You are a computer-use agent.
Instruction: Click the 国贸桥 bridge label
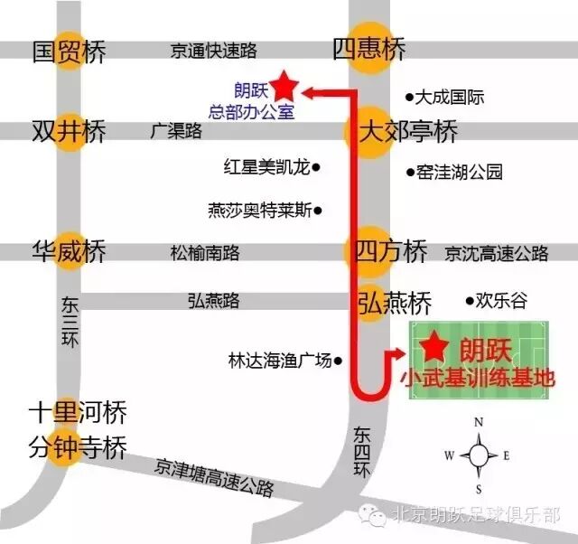[x=69, y=51]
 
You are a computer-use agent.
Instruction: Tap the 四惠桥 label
[x=369, y=49]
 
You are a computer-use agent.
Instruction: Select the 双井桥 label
[x=69, y=131]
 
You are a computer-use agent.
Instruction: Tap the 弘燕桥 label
[x=395, y=301]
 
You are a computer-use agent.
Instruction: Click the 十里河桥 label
[x=77, y=414]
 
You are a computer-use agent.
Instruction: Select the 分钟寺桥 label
[x=77, y=448]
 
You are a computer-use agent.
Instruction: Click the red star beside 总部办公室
[x=284, y=86]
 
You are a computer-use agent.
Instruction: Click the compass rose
[x=480, y=454]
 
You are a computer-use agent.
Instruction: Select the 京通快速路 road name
[x=214, y=52]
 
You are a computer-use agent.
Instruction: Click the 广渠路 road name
[x=176, y=132]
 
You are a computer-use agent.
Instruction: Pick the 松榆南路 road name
[x=204, y=253]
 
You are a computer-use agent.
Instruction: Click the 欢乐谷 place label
[x=501, y=301]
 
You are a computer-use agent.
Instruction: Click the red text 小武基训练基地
[x=475, y=378]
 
